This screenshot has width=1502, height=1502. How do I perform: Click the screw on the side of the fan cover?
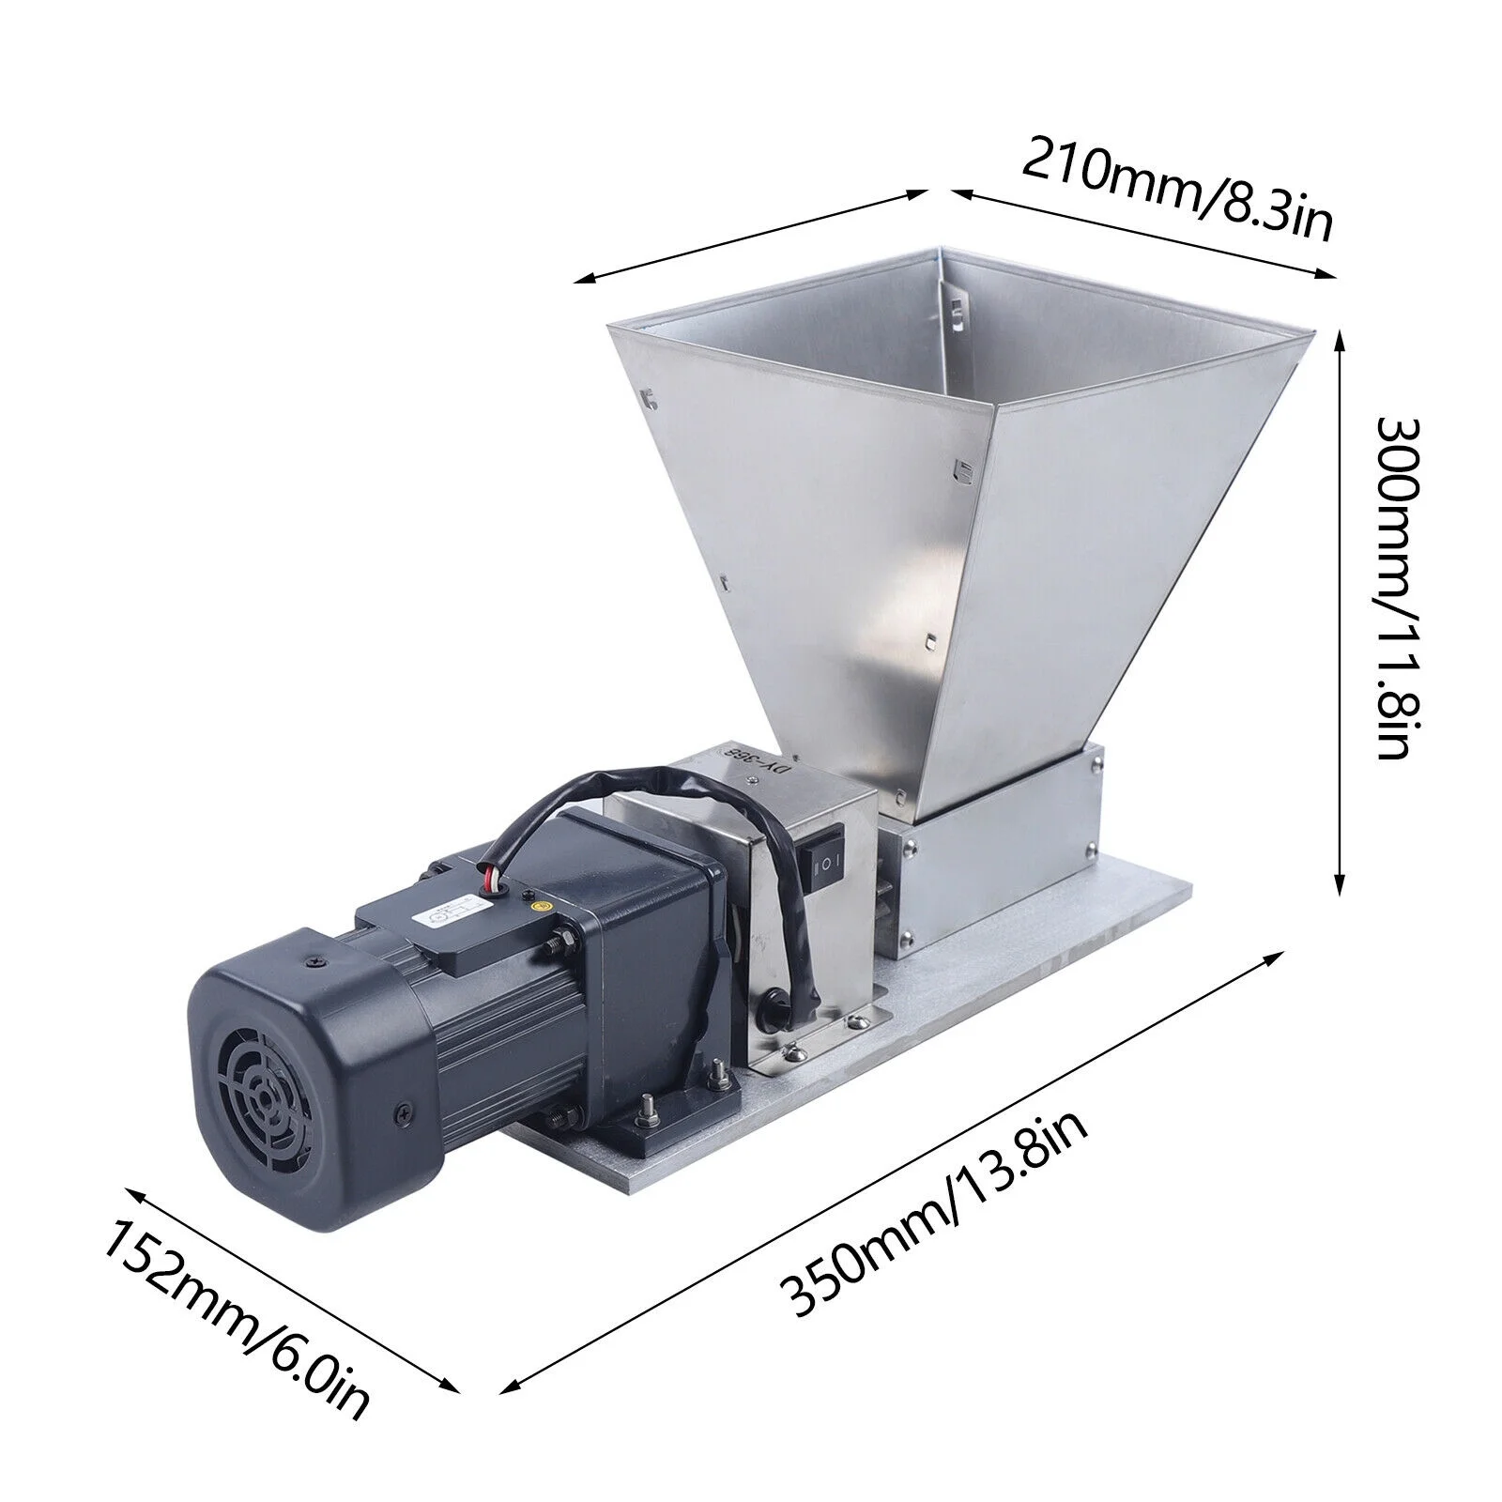tap(401, 1110)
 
